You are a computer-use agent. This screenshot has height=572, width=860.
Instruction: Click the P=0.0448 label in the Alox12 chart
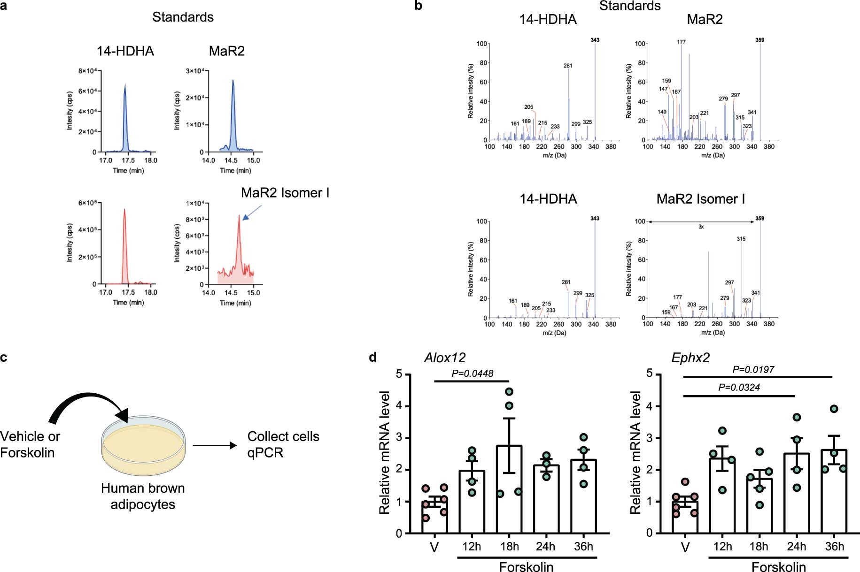472,374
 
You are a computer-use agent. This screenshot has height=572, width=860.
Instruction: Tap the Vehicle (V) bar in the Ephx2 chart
685,517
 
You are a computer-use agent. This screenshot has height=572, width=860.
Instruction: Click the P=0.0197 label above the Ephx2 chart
753,370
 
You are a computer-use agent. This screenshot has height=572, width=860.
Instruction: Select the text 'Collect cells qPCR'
283,444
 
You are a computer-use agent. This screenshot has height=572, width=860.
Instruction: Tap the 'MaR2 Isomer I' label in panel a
285,193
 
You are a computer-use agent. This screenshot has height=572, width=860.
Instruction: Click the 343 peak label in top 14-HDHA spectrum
595,40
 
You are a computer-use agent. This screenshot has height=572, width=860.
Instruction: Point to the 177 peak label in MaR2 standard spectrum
681,42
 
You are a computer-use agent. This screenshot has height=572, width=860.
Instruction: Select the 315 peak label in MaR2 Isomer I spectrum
741,239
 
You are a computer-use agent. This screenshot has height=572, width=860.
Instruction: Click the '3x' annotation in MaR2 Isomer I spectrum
701,227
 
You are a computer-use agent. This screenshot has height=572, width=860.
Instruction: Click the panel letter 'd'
372,358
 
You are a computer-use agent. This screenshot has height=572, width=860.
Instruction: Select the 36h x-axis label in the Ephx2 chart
834,547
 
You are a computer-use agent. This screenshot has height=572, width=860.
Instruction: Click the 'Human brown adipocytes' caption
143,496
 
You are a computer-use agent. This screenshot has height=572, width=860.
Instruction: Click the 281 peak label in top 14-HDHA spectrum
568,66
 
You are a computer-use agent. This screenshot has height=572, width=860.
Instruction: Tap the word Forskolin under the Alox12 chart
526,567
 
